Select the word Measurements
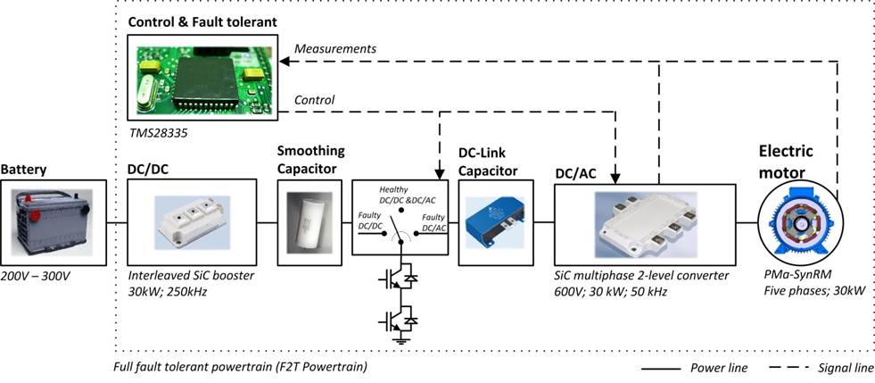[334, 47]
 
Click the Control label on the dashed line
[314, 100]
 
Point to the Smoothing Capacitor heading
[310, 159]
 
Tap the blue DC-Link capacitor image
[494, 221]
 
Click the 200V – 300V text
[35, 277]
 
